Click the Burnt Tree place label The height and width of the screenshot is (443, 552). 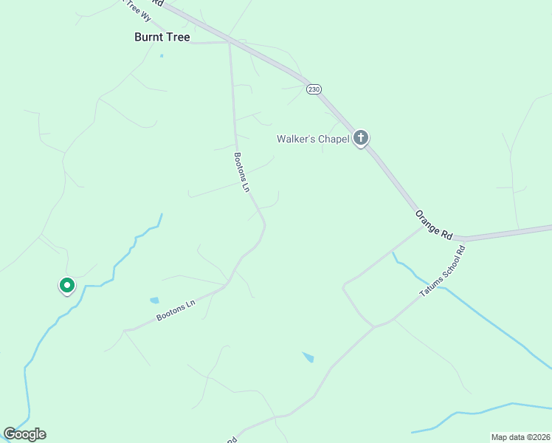point(162,36)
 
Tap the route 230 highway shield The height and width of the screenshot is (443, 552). point(314,89)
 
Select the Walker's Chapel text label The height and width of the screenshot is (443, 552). point(312,139)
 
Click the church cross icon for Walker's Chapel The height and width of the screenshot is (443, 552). point(361,137)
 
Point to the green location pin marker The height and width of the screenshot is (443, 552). point(66,285)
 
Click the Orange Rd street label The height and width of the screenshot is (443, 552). point(433,224)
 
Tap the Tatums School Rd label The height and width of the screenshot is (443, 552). point(444,271)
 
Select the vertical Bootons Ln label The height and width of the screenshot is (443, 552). point(242,172)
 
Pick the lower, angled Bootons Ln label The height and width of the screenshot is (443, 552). point(176,311)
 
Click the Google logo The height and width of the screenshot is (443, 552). point(24,434)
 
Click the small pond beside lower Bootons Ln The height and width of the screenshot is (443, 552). point(154,301)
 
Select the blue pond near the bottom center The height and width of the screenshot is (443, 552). point(308,357)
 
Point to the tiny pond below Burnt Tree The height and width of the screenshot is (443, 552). point(162,55)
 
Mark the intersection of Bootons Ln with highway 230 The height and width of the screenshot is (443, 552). point(230,42)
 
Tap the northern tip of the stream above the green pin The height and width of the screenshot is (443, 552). point(162,214)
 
